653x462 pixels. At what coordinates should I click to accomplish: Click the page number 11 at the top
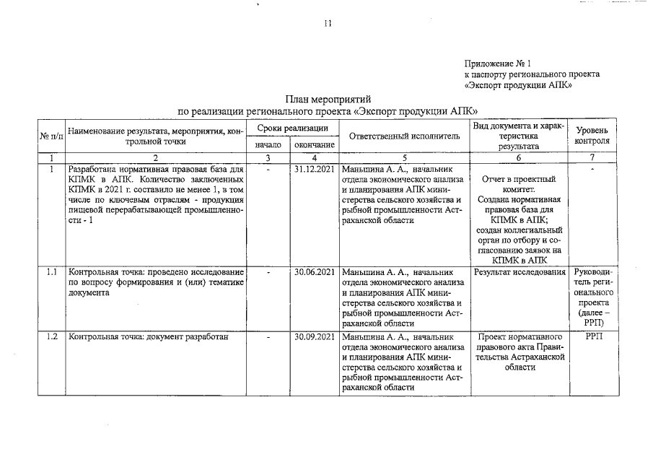[327, 24]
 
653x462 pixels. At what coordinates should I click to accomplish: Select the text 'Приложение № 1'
[498, 64]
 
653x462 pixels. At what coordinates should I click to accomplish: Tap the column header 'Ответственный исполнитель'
[403, 135]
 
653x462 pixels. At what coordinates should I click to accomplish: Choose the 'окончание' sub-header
[315, 145]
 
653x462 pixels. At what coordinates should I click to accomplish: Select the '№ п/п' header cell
[51, 136]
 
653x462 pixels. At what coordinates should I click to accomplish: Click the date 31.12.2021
[315, 169]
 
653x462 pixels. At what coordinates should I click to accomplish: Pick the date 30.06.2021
[315, 272]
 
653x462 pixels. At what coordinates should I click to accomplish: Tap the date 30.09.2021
[315, 336]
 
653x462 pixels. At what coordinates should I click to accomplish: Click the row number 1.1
[51, 272]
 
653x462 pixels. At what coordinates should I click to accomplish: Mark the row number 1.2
[51, 336]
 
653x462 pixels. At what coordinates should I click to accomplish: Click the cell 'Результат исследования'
[520, 272]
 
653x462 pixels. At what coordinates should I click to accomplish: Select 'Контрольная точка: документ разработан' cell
[148, 336]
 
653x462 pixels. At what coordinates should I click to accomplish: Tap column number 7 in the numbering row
[592, 157]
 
